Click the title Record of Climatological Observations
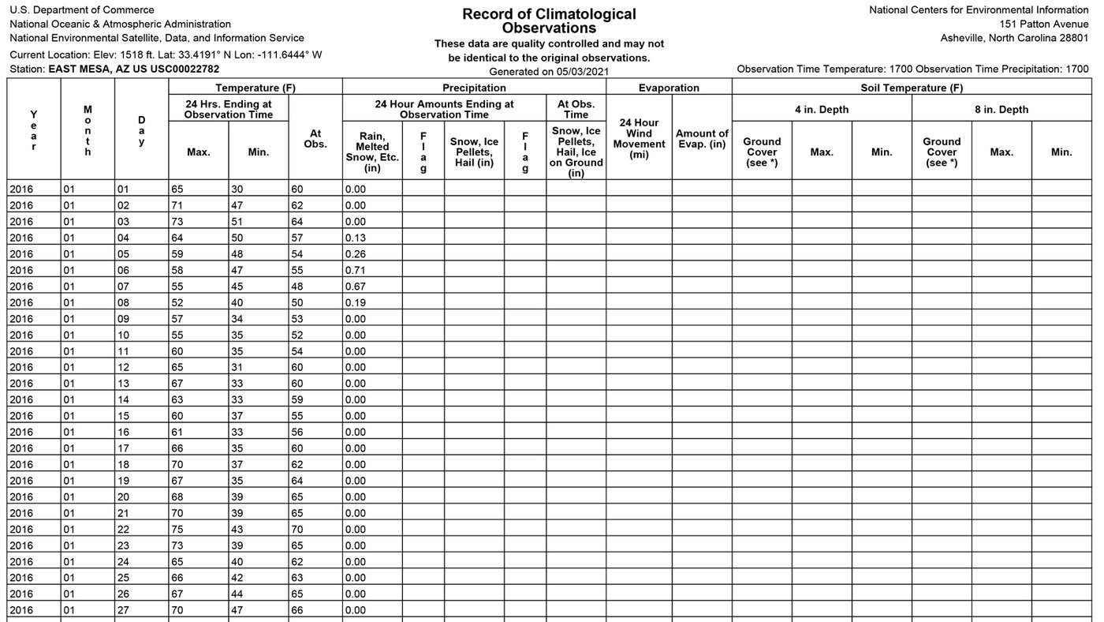(x=549, y=21)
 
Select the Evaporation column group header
(x=669, y=88)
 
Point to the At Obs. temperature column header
(x=315, y=139)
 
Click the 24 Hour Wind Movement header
(x=639, y=139)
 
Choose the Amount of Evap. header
(x=702, y=139)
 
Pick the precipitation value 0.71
(x=356, y=270)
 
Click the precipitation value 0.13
(x=356, y=238)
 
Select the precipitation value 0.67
(x=356, y=287)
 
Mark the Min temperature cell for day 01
(x=238, y=189)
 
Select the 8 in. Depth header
(x=1001, y=110)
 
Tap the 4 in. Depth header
(x=821, y=110)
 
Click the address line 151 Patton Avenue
(x=1043, y=24)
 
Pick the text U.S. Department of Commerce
(x=82, y=10)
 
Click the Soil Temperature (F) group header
(x=912, y=88)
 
